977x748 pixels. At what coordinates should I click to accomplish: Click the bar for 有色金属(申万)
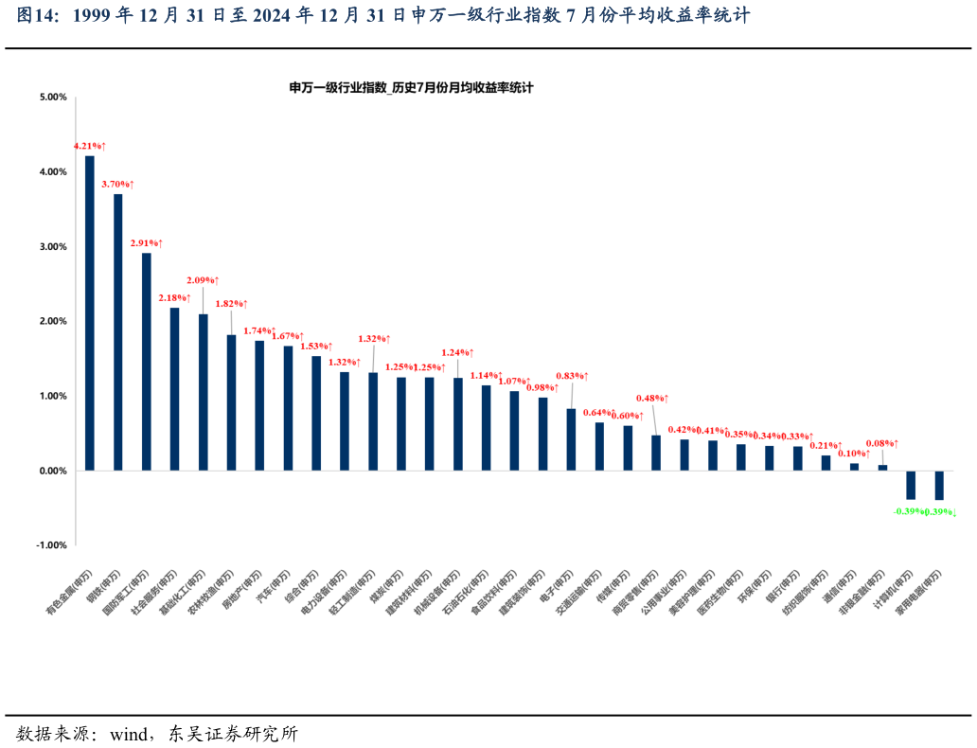pyautogui.click(x=90, y=312)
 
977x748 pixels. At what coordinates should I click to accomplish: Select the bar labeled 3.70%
pyautogui.click(x=118, y=331)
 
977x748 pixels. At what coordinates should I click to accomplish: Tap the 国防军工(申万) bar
pyautogui.click(x=147, y=361)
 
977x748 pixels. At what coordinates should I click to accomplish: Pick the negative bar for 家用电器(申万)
pyautogui.click(x=939, y=485)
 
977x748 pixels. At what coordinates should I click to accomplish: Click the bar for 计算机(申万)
pyautogui.click(x=911, y=485)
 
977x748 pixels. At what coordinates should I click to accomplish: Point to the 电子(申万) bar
pyautogui.click(x=571, y=439)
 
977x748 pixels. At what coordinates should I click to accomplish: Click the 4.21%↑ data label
pyautogui.click(x=90, y=146)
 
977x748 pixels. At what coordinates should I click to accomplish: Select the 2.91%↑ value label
pyautogui.click(x=146, y=243)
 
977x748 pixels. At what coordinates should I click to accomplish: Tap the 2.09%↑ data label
pyautogui.click(x=203, y=280)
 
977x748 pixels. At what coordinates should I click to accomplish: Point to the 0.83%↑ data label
pyautogui.click(x=572, y=376)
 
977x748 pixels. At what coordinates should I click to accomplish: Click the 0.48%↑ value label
pyautogui.click(x=652, y=398)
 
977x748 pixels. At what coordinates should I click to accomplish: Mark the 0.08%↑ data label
pyautogui.click(x=882, y=443)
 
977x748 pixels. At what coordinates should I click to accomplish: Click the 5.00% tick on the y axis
pyautogui.click(x=53, y=97)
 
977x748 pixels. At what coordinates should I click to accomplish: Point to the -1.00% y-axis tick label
pyautogui.click(x=52, y=545)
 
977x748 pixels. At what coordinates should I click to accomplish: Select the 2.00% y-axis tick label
pyautogui.click(x=53, y=321)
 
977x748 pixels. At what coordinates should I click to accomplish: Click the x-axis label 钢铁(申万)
pyautogui.click(x=105, y=591)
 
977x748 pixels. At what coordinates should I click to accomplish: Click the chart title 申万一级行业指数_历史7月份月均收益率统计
pyautogui.click(x=412, y=87)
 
